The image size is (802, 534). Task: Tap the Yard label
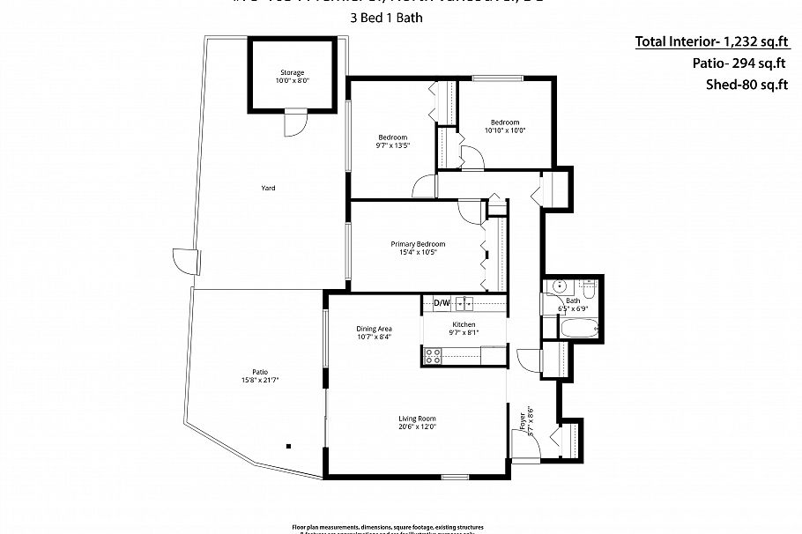click(268, 188)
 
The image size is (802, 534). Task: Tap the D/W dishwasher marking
click(442, 304)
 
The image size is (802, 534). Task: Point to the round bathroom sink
click(557, 287)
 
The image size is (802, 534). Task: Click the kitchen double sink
click(464, 304)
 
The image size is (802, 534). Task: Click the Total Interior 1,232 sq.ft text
click(710, 41)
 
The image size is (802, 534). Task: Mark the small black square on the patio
click(286, 446)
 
